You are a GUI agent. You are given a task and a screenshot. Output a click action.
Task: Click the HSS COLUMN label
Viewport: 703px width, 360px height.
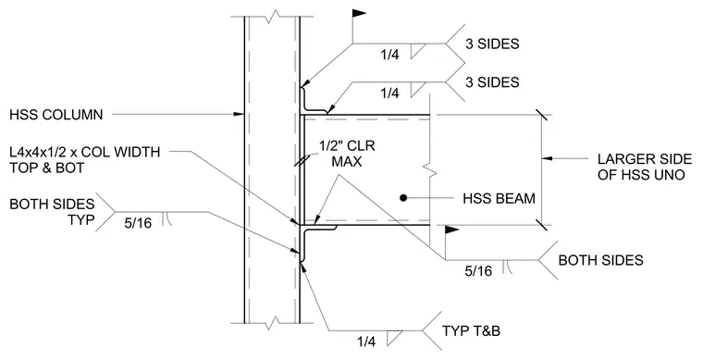click(x=56, y=115)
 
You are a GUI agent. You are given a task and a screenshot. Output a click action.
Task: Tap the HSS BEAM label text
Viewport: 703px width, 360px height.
click(x=499, y=198)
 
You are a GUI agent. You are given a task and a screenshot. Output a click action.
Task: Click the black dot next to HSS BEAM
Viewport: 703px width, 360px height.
click(x=403, y=197)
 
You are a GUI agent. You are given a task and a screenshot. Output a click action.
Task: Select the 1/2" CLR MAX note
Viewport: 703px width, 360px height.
click(x=347, y=154)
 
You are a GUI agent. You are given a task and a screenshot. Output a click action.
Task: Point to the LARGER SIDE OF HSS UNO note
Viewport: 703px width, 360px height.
click(x=645, y=167)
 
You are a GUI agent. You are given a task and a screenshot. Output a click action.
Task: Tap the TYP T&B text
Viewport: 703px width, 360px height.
click(x=471, y=331)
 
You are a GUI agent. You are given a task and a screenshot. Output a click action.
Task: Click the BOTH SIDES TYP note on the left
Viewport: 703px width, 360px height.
click(x=52, y=212)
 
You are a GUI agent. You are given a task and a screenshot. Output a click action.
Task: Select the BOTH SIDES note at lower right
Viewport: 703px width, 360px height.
click(x=600, y=260)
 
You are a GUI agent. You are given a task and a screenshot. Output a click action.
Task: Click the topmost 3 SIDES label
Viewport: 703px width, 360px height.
click(x=492, y=43)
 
